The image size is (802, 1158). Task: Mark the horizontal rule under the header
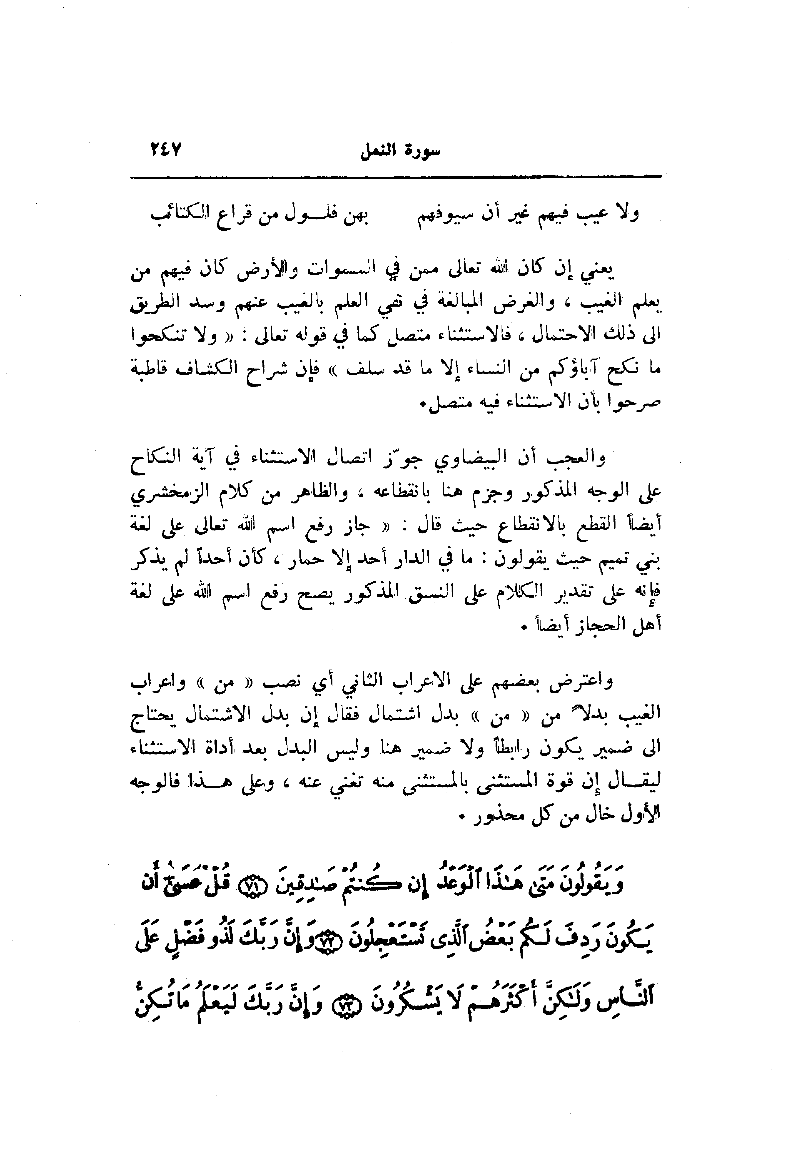(x=396, y=176)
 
